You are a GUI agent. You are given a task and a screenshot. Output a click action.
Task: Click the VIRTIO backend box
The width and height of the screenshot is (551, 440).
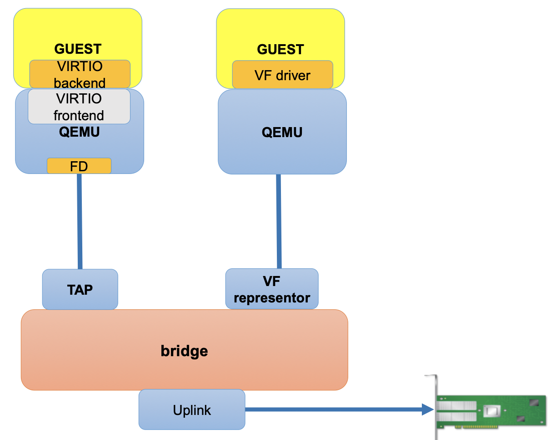[80, 74]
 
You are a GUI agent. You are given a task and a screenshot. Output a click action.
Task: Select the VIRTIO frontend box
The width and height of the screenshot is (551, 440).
[79, 107]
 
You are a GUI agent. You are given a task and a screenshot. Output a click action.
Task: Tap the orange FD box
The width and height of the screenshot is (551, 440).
[79, 166]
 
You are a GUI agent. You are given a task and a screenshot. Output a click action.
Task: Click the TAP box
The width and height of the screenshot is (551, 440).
[80, 289]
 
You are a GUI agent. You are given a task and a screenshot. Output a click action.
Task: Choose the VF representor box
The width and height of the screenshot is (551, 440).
[272, 289]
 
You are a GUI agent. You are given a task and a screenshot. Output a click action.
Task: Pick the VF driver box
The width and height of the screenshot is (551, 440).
[282, 75]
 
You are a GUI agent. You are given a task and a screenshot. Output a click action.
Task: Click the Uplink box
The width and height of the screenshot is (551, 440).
[192, 409]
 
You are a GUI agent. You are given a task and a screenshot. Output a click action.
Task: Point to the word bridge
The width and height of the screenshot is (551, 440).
[184, 351]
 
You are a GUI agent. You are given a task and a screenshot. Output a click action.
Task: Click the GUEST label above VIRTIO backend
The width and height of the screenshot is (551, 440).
[78, 48]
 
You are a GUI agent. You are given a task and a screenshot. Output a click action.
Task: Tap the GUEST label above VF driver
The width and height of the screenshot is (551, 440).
[281, 49]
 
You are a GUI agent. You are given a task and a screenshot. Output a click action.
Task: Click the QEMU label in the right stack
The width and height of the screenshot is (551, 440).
[282, 132]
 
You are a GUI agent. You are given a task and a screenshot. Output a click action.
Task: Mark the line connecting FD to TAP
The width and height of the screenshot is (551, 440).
[80, 221]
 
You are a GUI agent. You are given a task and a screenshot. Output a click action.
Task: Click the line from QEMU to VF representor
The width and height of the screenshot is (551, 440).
[279, 221]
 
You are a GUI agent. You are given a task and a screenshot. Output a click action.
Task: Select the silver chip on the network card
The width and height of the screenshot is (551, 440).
[491, 411]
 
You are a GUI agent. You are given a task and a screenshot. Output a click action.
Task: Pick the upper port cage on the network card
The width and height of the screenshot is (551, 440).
[457, 405]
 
